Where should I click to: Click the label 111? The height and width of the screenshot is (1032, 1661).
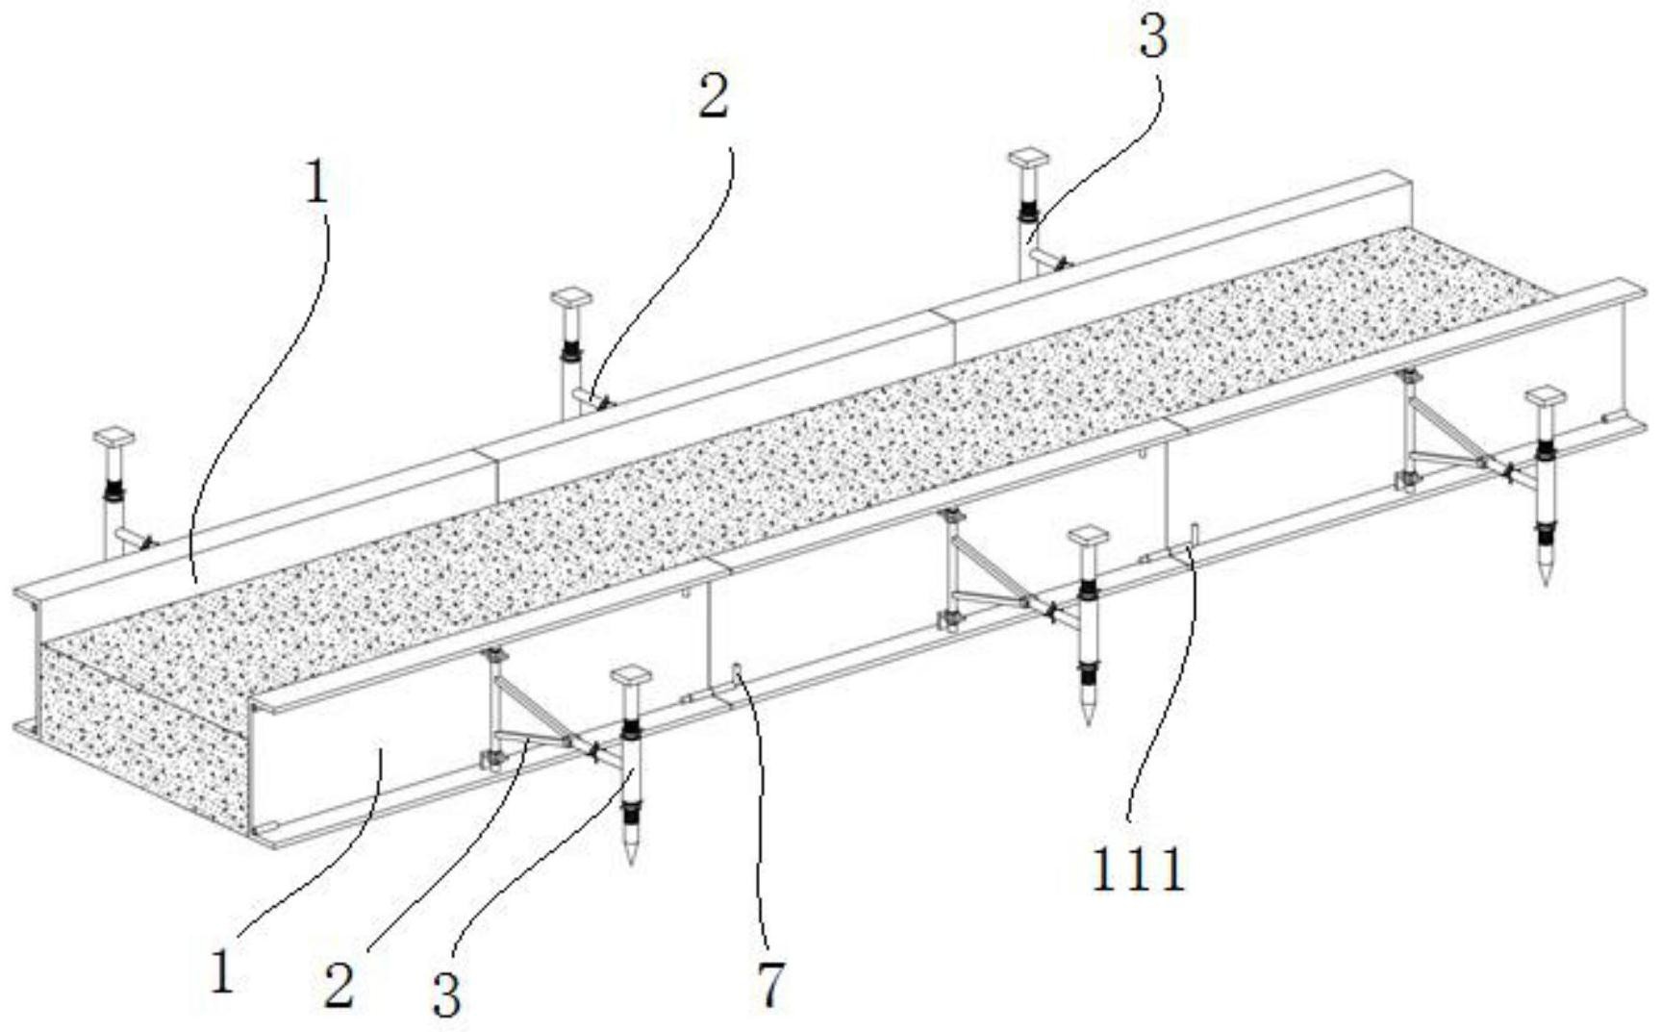coord(1138,871)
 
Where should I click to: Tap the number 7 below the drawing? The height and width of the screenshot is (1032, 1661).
coord(770,983)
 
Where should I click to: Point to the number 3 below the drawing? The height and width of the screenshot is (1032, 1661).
coord(446,993)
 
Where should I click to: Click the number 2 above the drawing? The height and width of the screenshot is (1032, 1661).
coord(713,96)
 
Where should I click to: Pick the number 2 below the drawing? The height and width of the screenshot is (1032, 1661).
coord(339,985)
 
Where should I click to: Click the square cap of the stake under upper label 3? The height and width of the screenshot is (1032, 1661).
coord(1027,157)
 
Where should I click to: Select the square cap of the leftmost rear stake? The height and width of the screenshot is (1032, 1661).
coord(113,438)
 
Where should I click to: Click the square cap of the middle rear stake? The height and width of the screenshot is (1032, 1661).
coord(571,297)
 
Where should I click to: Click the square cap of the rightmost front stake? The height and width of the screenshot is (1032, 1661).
coord(1546,394)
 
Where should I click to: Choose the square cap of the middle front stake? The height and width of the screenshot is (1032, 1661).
coord(1088,535)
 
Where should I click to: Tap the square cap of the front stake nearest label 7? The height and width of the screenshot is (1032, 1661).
coord(631,674)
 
